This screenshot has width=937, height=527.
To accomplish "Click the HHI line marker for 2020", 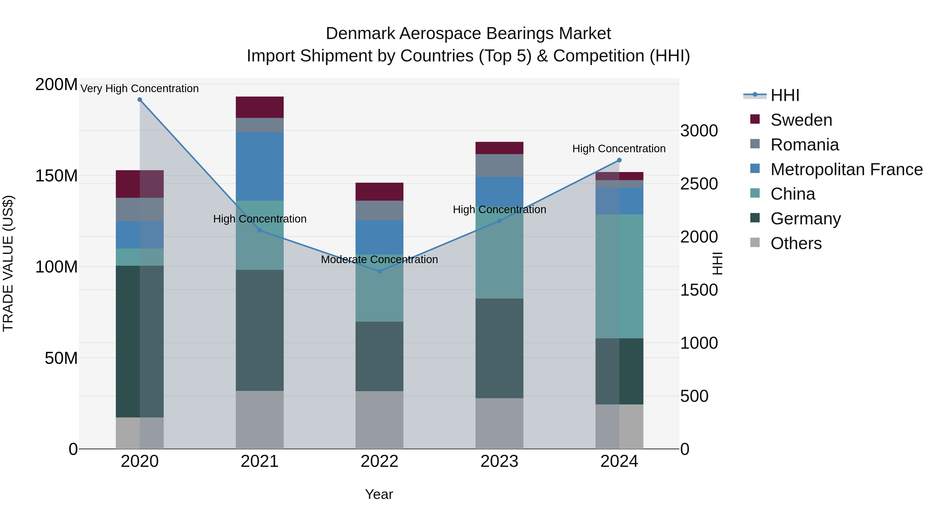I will click(140, 100).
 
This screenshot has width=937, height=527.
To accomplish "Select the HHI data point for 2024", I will click(619, 160).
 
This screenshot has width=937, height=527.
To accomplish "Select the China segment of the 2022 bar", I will click(379, 288).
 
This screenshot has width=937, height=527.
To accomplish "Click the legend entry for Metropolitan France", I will click(846, 169).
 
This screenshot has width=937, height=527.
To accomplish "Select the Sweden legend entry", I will click(801, 120).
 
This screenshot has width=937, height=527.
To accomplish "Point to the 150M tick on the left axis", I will click(56, 176).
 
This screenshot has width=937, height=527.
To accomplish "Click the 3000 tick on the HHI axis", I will click(699, 131).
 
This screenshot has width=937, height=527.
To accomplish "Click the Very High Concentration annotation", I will click(140, 89).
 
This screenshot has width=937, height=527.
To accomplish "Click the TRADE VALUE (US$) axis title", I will click(8, 263).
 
